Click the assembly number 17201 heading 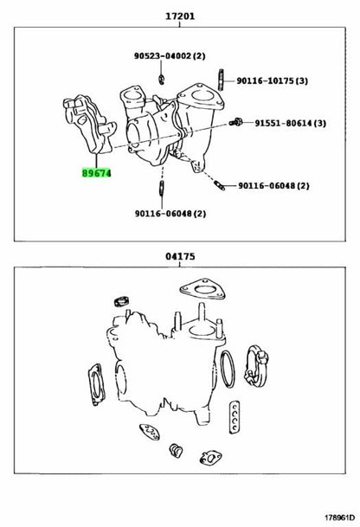[180, 16]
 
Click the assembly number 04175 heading [180, 256]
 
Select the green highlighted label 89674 [96, 173]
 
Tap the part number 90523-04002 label [170, 55]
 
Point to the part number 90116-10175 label [273, 80]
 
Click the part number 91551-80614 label [291, 123]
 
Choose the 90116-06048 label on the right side [273, 185]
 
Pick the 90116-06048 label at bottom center [170, 214]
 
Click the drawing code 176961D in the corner [339, 517]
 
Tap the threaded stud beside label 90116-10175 [221, 80]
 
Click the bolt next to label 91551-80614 [236, 122]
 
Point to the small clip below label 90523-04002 [162, 79]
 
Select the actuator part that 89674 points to [91, 125]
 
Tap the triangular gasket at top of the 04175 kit [202, 289]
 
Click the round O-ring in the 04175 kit [228, 369]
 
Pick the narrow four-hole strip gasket [235, 417]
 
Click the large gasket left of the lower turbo [97, 384]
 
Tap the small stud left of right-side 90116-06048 [219, 185]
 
